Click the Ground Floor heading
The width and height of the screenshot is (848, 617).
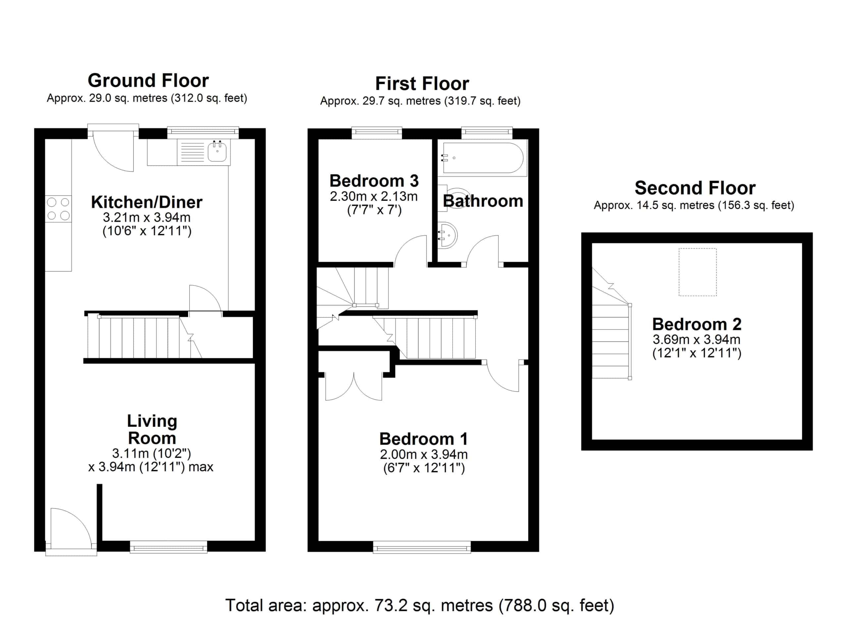click(148, 81)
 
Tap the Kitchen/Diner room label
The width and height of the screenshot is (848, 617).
click(146, 202)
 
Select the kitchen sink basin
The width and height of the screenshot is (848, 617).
click(217, 151)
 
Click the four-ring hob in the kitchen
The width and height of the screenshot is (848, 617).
click(58, 209)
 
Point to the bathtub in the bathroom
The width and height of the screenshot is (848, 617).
click(482, 158)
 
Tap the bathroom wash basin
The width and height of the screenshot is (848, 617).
click(447, 235)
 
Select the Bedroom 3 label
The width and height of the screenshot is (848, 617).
click(374, 181)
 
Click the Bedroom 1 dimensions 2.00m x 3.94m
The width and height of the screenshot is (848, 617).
click(424, 454)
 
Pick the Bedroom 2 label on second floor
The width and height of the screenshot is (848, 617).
click(697, 324)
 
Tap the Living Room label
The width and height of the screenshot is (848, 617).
click(152, 429)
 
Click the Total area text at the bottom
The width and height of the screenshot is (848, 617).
click(419, 605)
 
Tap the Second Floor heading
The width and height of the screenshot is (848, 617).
click(695, 188)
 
